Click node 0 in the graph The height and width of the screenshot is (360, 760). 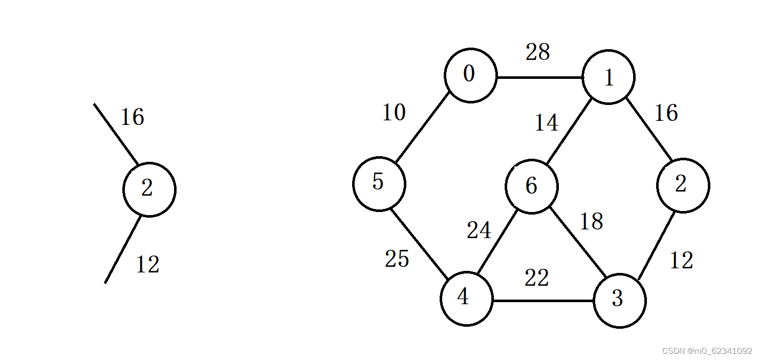470,75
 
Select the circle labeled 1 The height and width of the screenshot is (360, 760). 609,77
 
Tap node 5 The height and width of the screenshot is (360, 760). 379,183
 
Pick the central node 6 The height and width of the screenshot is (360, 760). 531,186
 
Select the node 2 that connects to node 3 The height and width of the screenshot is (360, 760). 683,185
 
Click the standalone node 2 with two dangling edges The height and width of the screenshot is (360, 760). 149,189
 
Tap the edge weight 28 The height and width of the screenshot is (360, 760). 537,52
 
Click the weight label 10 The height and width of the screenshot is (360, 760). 394,113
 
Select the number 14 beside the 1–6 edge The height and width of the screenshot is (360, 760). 546,123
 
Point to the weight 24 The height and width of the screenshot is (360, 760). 479,230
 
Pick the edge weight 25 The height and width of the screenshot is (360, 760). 397,260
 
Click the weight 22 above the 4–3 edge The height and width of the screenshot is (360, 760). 536,278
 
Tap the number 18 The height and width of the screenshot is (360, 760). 591,222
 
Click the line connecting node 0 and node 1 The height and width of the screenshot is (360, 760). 540,78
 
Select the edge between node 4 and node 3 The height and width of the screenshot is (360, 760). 542,301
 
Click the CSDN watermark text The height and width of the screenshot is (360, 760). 707,351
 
